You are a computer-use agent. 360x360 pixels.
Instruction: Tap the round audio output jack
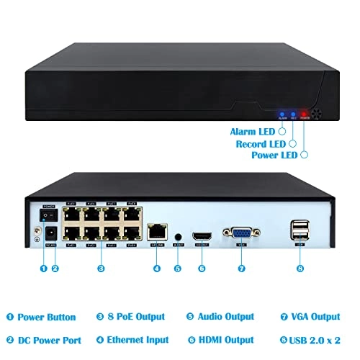[x=177, y=235]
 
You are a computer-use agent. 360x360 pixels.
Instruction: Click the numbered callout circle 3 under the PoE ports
[x=101, y=269]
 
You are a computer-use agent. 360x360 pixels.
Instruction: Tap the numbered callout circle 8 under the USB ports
[x=299, y=269]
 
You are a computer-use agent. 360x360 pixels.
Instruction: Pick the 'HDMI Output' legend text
[x=229, y=339]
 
